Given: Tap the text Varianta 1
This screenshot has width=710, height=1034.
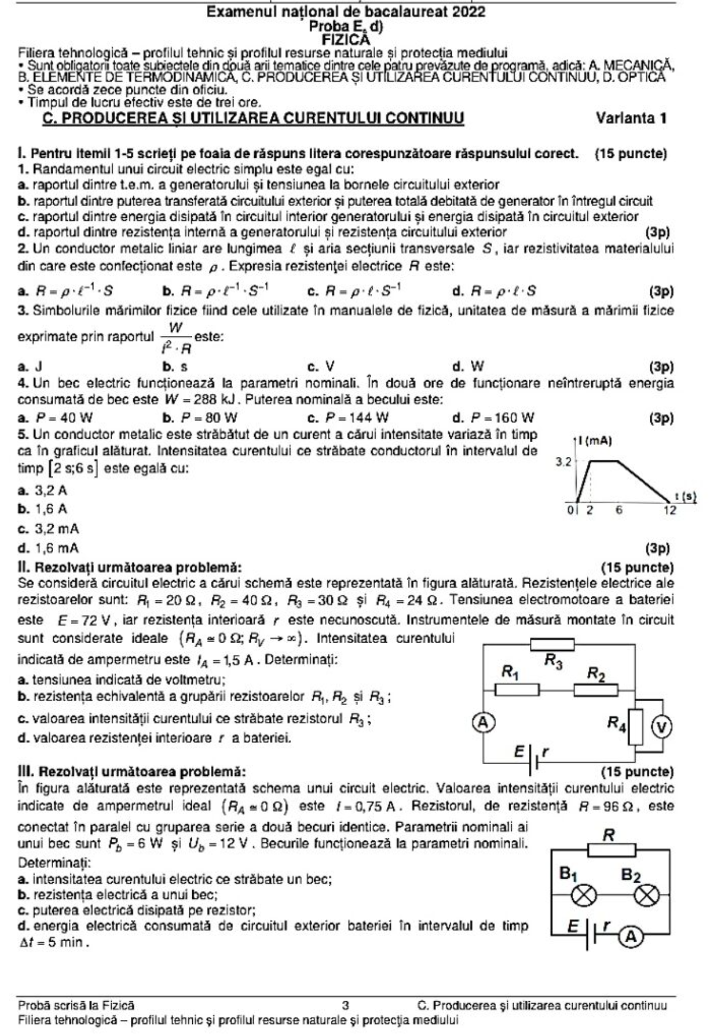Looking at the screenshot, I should click(x=631, y=119).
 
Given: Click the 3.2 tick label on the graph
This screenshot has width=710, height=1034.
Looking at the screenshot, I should click(x=564, y=463).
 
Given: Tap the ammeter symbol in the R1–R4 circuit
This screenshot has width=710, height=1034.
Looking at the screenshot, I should click(x=482, y=722).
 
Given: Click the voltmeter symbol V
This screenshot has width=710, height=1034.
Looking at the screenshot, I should click(x=662, y=727).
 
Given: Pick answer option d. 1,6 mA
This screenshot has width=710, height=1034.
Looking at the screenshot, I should click(x=49, y=548).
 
